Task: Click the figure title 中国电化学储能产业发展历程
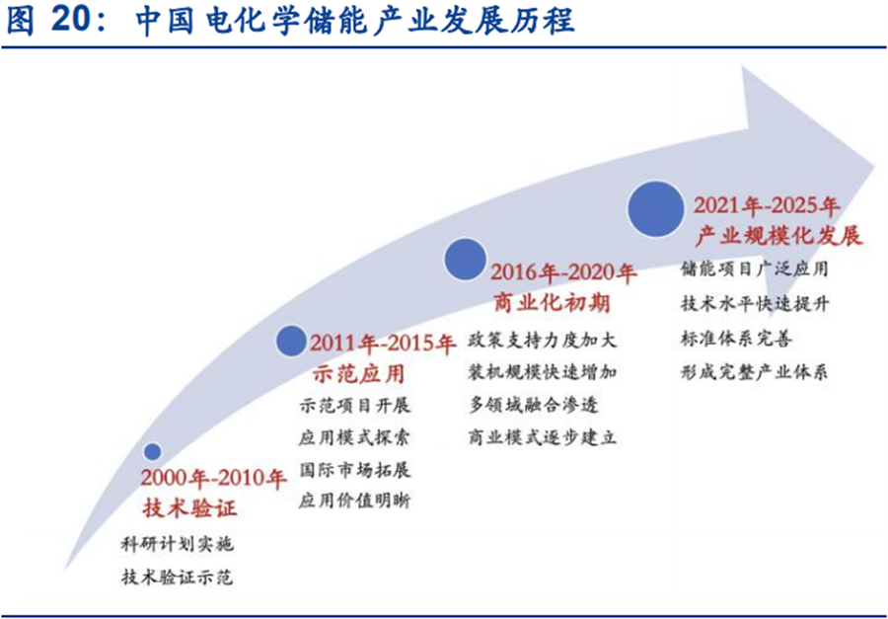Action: pos(355,22)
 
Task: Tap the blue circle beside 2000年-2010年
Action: pos(152,452)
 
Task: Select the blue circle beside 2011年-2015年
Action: pos(291,341)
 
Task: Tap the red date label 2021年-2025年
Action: pos(767,206)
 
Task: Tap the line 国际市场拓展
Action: pos(354,468)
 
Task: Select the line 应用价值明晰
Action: pos(354,501)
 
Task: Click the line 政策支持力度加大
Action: pos(543,340)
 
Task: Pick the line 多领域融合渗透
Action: pos(534,404)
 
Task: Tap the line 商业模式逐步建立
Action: pos(543,436)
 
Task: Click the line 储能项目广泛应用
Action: pos(755,269)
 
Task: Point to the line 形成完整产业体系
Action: pos(755,372)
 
